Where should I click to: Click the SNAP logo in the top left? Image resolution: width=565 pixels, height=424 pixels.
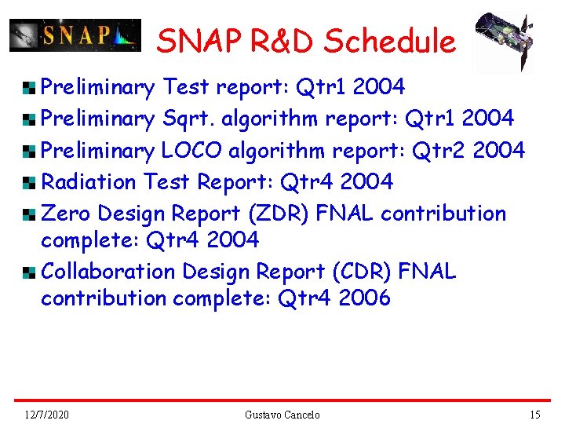click(75, 35)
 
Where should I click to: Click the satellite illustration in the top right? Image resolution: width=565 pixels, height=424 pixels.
click(504, 41)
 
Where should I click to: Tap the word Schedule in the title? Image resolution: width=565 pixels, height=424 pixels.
click(390, 42)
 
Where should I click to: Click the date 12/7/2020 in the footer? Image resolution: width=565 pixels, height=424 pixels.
click(46, 415)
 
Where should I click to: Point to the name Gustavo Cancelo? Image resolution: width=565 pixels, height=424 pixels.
click(282, 415)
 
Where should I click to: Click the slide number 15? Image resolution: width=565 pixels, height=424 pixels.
click(535, 415)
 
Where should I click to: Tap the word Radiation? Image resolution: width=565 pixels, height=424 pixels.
click(89, 181)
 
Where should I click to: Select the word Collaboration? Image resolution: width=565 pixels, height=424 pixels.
click(108, 272)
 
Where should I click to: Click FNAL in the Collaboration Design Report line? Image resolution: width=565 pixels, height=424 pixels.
click(427, 272)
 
